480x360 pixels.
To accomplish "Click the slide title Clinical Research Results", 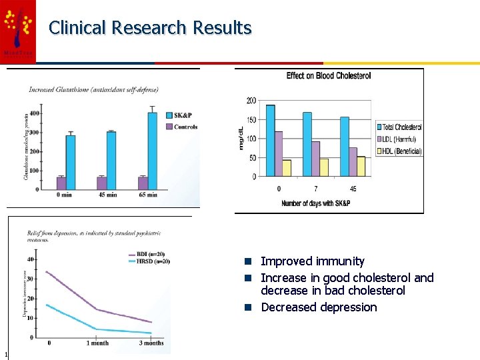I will (x=150, y=28).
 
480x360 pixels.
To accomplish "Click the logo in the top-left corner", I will (x=18, y=29).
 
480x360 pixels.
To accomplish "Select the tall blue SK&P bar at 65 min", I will (x=152, y=150).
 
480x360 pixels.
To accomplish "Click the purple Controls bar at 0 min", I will (x=61, y=183).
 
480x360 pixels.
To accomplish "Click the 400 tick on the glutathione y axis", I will (x=33, y=113).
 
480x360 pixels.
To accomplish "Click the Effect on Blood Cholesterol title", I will (x=329, y=76).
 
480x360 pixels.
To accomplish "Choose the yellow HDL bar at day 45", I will (x=361, y=166).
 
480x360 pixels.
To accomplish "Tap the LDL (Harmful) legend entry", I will (x=398, y=139).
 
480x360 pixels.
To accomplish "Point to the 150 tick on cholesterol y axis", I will (x=251, y=119).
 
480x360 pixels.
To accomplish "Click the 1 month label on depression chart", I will (x=97, y=343).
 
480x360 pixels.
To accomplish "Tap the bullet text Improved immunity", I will (x=312, y=261).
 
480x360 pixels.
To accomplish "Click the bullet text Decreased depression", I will (x=319, y=307).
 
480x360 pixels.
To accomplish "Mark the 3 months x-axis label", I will (x=151, y=343).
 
